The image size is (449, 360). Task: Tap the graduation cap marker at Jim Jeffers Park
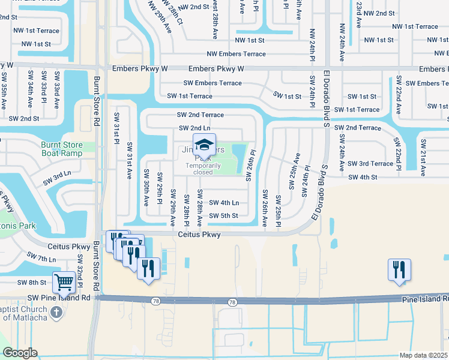204,145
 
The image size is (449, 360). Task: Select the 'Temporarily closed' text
203,169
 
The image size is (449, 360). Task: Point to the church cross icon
56,312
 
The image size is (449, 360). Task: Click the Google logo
20,353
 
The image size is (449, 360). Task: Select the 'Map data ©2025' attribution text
423,355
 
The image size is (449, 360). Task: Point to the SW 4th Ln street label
223,203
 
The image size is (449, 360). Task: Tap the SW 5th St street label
223,215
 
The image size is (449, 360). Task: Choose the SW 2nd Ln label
194,128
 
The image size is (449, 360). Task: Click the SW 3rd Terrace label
372,163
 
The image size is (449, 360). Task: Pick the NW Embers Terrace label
236,54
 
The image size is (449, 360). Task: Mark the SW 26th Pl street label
252,164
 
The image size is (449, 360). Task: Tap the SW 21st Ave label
423,157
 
